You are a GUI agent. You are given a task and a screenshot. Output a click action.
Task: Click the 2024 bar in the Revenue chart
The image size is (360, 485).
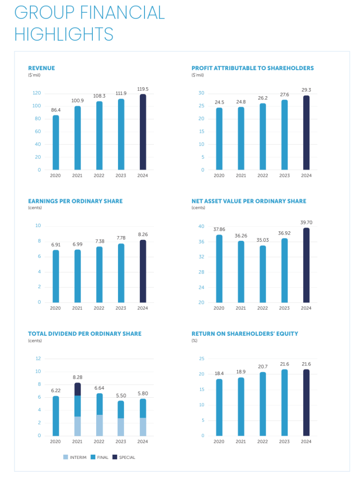click(143, 132)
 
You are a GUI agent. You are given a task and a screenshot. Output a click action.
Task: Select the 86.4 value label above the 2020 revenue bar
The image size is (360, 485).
click(55, 110)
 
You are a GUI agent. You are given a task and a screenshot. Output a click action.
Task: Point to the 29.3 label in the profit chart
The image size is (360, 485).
click(306, 90)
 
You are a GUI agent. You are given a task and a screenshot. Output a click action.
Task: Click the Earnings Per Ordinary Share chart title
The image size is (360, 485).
click(75, 201)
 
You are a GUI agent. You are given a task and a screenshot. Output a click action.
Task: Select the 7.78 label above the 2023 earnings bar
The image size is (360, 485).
click(121, 238)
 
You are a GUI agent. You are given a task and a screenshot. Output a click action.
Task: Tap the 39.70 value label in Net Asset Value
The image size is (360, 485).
click(306, 222)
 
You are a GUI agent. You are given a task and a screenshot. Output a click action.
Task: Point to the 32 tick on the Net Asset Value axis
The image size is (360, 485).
click(201, 257)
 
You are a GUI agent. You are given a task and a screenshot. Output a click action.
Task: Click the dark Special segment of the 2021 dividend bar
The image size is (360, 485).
click(77, 389)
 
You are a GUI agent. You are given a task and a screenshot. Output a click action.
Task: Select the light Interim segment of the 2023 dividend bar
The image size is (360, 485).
click(121, 427)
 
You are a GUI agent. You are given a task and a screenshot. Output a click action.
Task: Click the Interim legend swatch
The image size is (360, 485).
click(65, 458)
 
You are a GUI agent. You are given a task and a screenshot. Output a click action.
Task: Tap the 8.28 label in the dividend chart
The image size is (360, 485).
click(77, 377)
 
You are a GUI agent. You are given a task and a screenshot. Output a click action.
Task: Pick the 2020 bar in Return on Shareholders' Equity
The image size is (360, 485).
click(219, 407)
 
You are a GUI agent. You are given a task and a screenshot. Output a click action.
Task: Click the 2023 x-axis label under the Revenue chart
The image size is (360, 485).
click(121, 175)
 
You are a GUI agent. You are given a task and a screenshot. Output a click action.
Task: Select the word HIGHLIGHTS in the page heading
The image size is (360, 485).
click(64, 34)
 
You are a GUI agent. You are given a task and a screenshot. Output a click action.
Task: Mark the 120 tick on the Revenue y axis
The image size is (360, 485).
click(36, 93)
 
